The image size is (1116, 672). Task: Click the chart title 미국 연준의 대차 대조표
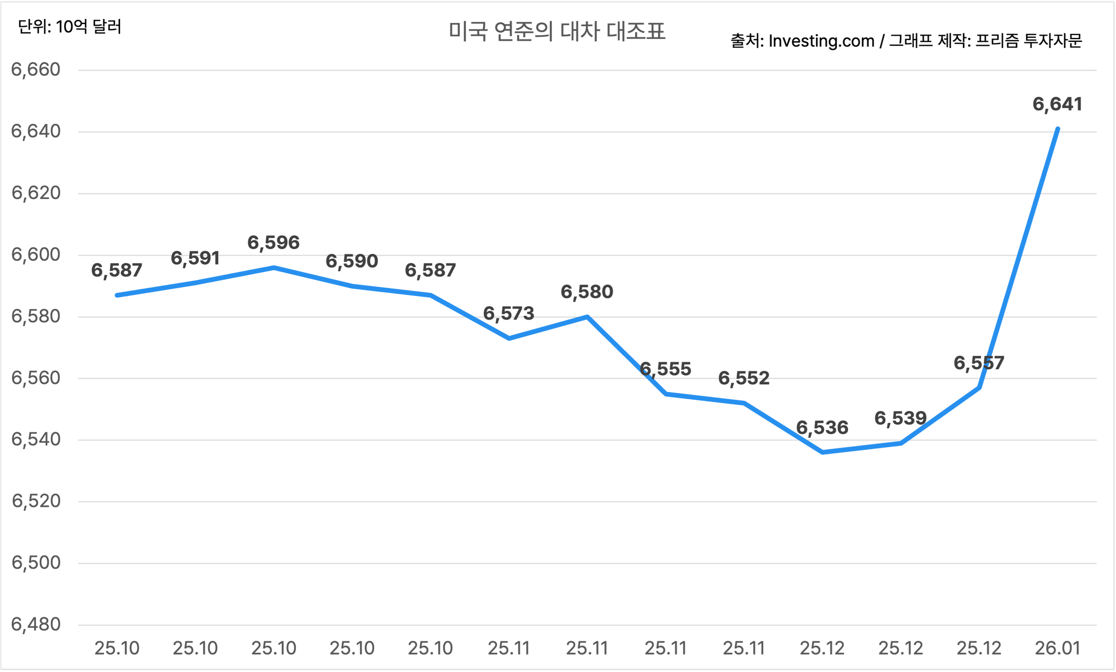point(557,32)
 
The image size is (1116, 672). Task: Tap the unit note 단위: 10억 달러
point(70,27)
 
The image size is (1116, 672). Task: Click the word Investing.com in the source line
point(821,41)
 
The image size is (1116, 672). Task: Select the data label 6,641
point(1057,104)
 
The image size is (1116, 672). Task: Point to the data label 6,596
point(273,243)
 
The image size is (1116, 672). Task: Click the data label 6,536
point(822,428)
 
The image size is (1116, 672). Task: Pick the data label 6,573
point(508,313)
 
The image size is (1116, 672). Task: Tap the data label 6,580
point(587,292)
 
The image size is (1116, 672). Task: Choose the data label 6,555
point(665,369)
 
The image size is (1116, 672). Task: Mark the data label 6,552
point(744,379)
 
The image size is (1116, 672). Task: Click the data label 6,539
point(900,418)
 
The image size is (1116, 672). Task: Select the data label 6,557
point(979,364)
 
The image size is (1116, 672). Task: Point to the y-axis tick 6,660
point(36,70)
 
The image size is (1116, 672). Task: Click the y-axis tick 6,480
point(36,625)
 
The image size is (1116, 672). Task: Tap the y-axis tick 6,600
point(36,255)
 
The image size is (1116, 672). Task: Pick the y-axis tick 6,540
point(36,439)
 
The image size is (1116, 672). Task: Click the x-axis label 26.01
point(1057,648)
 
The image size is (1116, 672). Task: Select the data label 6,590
point(352,261)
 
